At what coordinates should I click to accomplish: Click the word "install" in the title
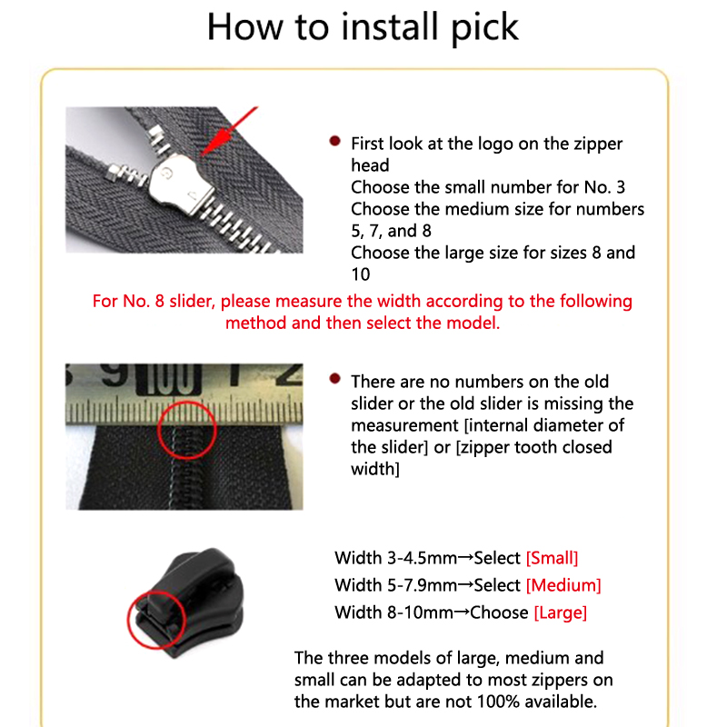[390, 26]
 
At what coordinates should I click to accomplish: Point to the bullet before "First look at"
[334, 141]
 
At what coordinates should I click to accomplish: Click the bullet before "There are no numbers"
[334, 379]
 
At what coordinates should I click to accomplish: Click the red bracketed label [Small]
[553, 558]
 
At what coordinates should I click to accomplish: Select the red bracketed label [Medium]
[563, 585]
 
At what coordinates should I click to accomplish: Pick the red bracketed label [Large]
[561, 612]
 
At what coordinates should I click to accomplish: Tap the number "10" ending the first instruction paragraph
[361, 274]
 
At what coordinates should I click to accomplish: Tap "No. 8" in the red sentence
[144, 301]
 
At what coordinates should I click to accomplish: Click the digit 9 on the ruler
[115, 374]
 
